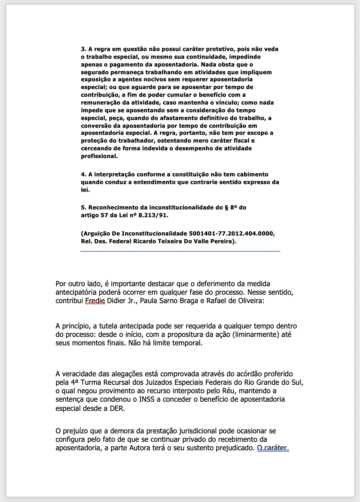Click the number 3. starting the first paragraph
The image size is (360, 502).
click(x=83, y=49)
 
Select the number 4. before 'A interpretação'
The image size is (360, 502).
click(x=83, y=175)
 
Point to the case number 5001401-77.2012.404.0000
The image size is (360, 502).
click(x=232, y=234)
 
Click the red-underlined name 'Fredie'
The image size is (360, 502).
click(x=95, y=301)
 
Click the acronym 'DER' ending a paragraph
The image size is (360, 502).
click(x=117, y=409)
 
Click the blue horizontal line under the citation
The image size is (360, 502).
click(x=180, y=251)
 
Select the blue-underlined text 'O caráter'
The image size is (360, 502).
click(x=273, y=448)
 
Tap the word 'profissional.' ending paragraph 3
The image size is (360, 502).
click(x=99, y=156)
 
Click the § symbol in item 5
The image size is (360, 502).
click(x=226, y=208)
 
